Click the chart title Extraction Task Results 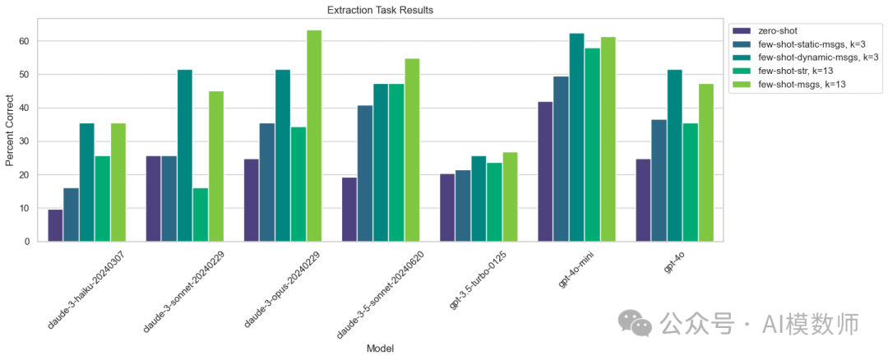[380, 10]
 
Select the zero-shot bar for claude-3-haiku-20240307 [56, 225]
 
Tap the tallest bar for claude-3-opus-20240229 [314, 136]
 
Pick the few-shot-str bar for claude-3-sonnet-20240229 [201, 215]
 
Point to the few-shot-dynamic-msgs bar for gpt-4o [675, 155]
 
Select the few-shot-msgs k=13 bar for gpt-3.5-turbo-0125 [510, 197]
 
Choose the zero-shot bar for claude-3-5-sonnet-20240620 [349, 210]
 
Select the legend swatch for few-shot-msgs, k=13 [741, 85]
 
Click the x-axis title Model [380, 348]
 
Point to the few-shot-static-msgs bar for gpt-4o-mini [561, 159]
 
